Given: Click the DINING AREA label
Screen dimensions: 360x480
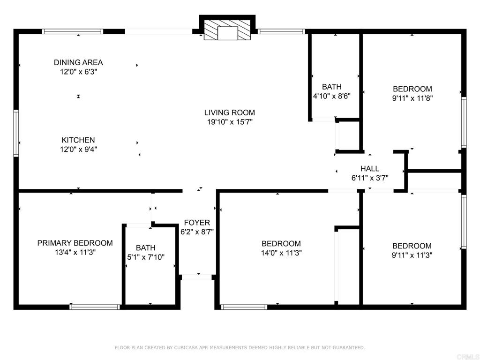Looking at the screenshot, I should tap(78, 62).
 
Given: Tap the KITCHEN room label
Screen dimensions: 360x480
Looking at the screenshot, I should tap(78, 140).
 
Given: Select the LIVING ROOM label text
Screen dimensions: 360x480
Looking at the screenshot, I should tap(230, 112).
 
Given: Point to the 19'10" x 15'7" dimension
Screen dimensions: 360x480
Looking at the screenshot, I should tap(230, 122).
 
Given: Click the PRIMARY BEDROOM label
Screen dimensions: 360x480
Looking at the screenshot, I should tap(75, 243).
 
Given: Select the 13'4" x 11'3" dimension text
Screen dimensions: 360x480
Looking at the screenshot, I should tap(75, 253).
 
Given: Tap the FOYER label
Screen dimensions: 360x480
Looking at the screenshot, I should tap(197, 223).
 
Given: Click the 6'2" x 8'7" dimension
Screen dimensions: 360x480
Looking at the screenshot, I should tap(197, 232).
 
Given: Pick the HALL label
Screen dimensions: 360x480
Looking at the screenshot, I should tap(370, 169).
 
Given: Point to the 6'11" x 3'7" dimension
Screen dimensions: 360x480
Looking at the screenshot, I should tap(370, 178).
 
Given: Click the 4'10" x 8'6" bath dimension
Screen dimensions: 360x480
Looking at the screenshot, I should tap(332, 96).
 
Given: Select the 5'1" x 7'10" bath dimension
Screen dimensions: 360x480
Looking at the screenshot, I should tap(146, 257).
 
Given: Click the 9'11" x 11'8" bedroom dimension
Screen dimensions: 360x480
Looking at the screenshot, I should tap(412, 98).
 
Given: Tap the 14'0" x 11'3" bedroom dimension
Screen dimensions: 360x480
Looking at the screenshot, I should tap(281, 253).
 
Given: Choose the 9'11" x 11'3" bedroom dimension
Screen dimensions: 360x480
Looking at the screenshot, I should tap(412, 255).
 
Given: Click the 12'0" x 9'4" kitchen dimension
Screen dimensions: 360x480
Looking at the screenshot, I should tap(78, 150).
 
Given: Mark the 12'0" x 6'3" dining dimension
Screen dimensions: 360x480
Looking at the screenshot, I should tap(78, 72).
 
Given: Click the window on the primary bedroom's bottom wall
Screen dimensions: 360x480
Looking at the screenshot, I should tap(95, 307).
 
